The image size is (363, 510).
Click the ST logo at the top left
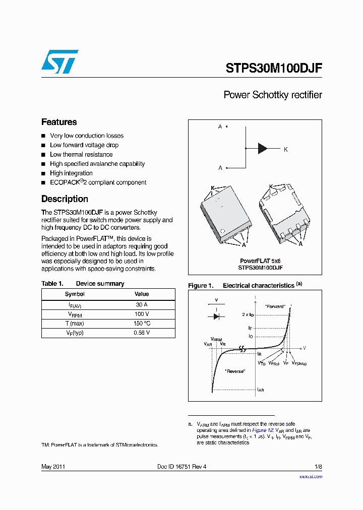(59, 61)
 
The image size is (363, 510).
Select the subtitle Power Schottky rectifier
(272, 95)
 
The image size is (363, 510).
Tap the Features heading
(59, 122)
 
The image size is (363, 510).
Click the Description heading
(65, 199)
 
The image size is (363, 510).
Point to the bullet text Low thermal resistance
(81, 155)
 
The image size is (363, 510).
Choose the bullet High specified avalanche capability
(97, 164)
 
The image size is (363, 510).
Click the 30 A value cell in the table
(142, 305)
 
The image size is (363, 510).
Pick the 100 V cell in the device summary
(142, 314)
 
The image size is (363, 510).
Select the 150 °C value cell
(142, 324)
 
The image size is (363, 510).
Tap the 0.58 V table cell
(142, 333)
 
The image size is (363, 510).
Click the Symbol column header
(75, 294)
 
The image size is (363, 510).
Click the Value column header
(142, 294)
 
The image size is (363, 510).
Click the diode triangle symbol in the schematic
(263, 148)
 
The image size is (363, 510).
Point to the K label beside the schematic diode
(286, 150)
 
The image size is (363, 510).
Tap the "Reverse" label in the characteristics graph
(235, 371)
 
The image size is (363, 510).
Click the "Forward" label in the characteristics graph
(275, 306)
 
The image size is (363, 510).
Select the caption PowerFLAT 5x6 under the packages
(260, 262)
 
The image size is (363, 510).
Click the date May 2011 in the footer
(53, 467)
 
